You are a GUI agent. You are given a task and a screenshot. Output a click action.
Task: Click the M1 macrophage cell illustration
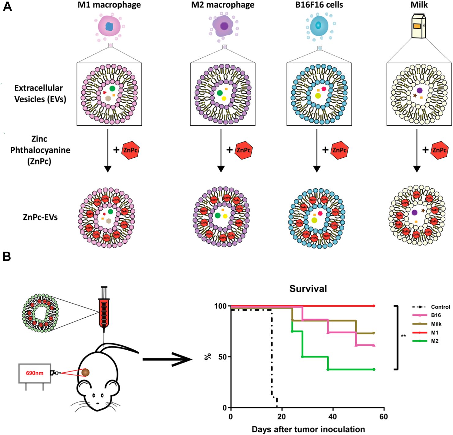(109, 27)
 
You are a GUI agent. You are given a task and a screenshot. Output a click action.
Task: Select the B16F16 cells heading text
(319, 5)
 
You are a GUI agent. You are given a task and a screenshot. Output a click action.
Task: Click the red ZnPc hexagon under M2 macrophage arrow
(244, 150)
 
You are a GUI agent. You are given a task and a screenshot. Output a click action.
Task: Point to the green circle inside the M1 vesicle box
(112, 89)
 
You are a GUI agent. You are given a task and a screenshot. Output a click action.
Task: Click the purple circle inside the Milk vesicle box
(420, 90)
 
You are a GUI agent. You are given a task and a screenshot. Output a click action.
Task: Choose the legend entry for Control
(440, 307)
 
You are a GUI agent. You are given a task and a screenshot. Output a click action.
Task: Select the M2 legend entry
(434, 341)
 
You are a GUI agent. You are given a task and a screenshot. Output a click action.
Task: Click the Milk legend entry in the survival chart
(436, 324)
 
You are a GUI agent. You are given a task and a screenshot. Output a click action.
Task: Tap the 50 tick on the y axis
(223, 357)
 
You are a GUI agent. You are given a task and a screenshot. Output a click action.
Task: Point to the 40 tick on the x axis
(333, 417)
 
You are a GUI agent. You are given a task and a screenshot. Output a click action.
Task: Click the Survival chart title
(308, 289)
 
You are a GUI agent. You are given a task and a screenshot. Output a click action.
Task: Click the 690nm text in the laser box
(35, 373)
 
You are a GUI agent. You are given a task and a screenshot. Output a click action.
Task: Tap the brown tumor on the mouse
(85, 372)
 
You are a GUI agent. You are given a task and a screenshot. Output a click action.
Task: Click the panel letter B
(6, 256)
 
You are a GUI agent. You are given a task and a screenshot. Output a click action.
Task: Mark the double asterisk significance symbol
(403, 336)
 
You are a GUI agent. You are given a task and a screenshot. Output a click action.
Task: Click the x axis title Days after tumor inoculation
(308, 429)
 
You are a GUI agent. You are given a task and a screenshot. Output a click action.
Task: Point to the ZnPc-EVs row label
(40, 217)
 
